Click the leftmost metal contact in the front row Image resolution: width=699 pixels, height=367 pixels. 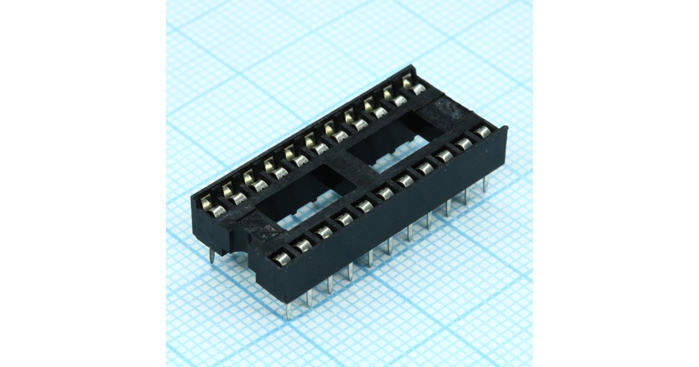point(282,259)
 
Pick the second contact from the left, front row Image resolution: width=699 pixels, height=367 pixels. point(303,245)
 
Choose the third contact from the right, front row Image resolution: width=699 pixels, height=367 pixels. point(444,156)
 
